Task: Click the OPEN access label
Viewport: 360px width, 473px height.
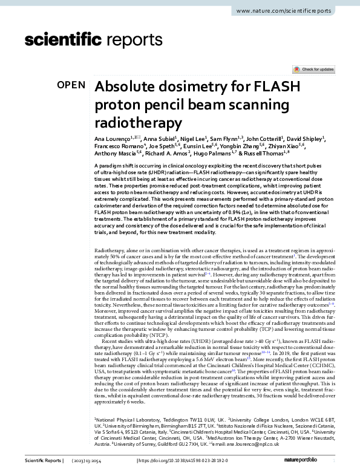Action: coord(72,85)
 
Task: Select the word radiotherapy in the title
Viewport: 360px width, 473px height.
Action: coord(139,123)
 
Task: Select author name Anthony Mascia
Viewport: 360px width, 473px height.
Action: coord(115,154)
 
